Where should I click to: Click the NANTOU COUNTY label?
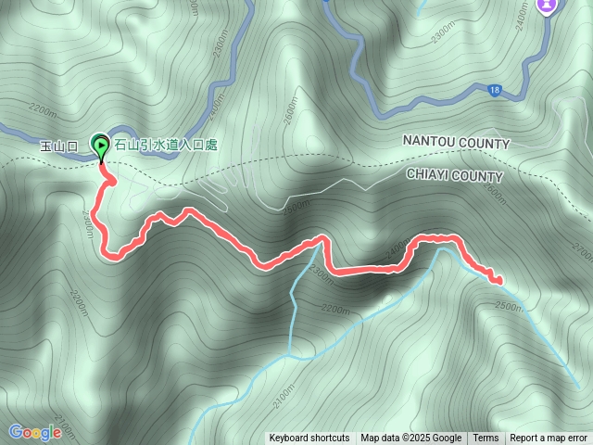tap(456, 144)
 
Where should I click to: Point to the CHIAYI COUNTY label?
tap(454, 175)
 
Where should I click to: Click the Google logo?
tap(34, 431)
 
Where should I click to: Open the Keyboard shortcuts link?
tap(309, 438)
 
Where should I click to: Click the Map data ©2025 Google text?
tap(410, 438)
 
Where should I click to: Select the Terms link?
tap(486, 438)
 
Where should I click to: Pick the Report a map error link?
tap(549, 438)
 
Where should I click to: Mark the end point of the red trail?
tap(500, 281)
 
